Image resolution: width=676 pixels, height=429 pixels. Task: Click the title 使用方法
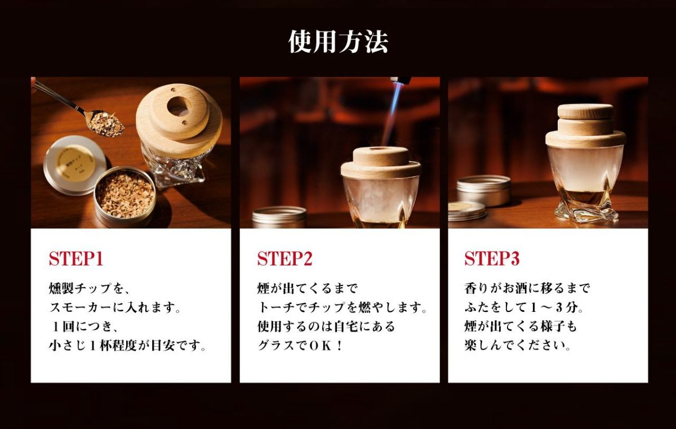pyautogui.click(x=338, y=42)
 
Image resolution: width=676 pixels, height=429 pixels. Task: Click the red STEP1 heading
pyautogui.click(x=76, y=259)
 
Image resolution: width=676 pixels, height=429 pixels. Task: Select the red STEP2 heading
pyautogui.click(x=284, y=259)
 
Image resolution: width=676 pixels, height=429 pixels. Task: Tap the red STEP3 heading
pyautogui.click(x=492, y=259)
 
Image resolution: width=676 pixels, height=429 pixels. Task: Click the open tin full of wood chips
pyautogui.click(x=125, y=196)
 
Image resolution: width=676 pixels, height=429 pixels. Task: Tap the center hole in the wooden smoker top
pyautogui.click(x=179, y=106)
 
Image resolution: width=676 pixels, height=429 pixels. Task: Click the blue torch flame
pyautogui.click(x=392, y=115)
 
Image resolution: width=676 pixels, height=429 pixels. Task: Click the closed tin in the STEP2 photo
pyautogui.click(x=279, y=217)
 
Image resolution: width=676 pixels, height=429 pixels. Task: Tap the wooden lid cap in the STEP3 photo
pyautogui.click(x=585, y=111)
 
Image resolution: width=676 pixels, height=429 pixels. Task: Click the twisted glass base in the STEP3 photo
pyautogui.click(x=585, y=209)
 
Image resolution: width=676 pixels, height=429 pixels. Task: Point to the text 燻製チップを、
pyautogui.click(x=90, y=288)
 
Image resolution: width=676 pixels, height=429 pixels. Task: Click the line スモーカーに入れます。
pyautogui.click(x=115, y=307)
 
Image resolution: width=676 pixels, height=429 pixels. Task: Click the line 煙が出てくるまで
pyautogui.click(x=307, y=288)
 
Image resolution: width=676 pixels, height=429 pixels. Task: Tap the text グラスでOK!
pyautogui.click(x=300, y=346)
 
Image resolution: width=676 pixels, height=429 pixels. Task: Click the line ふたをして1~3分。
pyautogui.click(x=524, y=307)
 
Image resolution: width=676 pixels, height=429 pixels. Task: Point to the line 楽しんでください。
pyautogui.click(x=518, y=346)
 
